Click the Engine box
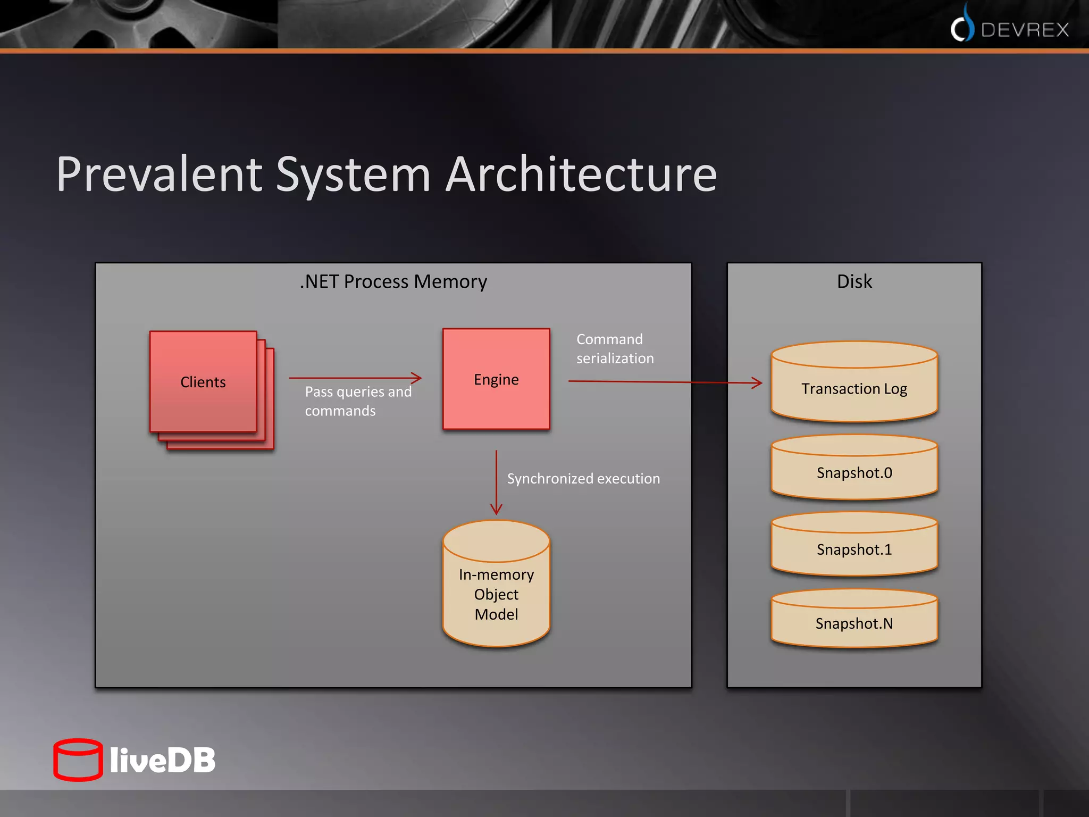(496, 379)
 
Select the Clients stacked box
(204, 382)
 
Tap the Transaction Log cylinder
(854, 388)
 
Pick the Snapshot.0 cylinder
(854, 472)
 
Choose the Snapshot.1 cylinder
(854, 549)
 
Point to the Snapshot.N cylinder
(854, 623)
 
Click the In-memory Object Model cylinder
(496, 594)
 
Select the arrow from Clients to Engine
(355, 378)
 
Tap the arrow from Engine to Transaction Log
(665, 382)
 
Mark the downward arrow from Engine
(496, 482)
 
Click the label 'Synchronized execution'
(583, 479)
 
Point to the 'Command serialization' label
(615, 348)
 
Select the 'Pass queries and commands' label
(358, 402)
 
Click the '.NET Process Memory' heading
(393, 281)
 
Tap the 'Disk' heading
(854, 281)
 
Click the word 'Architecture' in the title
(581, 174)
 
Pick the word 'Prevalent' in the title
(159, 174)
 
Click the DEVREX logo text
(1024, 30)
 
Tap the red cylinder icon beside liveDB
(78, 760)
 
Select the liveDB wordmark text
(163, 760)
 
